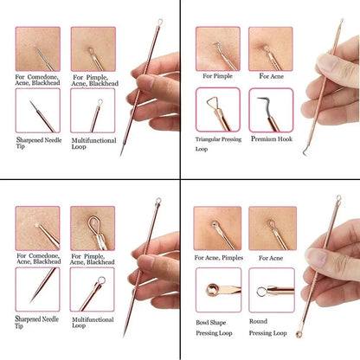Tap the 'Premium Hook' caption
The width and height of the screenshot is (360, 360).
coord(271,138)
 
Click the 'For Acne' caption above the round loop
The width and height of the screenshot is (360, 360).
coord(268,257)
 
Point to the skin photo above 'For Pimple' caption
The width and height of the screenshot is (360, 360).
coord(216,48)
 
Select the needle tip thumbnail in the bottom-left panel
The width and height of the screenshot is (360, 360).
coord(37,288)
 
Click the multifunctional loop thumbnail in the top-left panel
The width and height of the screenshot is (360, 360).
coord(93,110)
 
